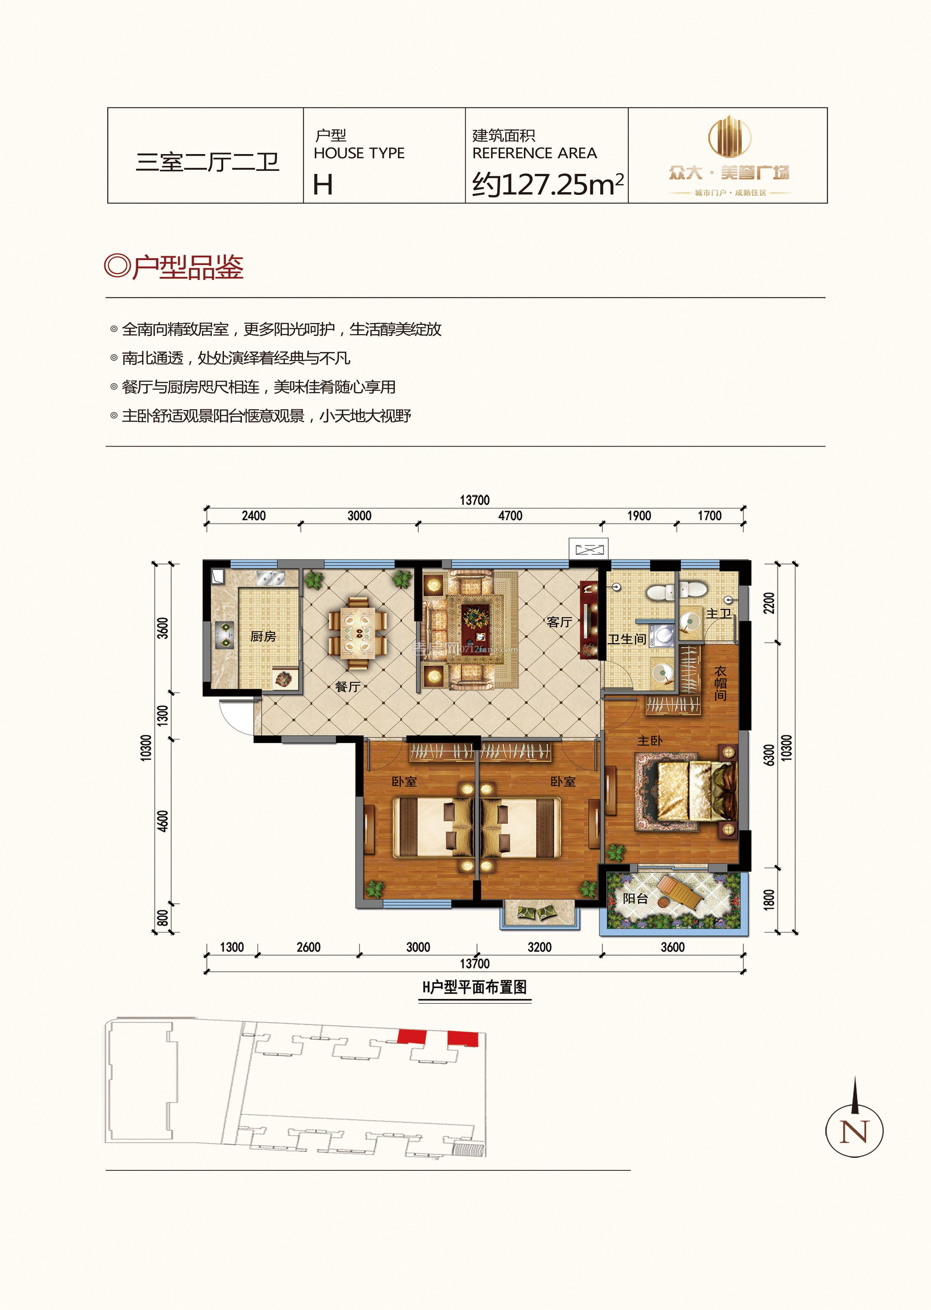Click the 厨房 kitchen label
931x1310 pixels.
(263, 636)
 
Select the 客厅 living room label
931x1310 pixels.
(559, 622)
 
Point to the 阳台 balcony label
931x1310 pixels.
(635, 898)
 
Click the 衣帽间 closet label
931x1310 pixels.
(721, 683)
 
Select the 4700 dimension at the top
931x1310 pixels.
(510, 516)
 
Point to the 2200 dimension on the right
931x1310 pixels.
(769, 603)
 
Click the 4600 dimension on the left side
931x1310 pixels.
(163, 821)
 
